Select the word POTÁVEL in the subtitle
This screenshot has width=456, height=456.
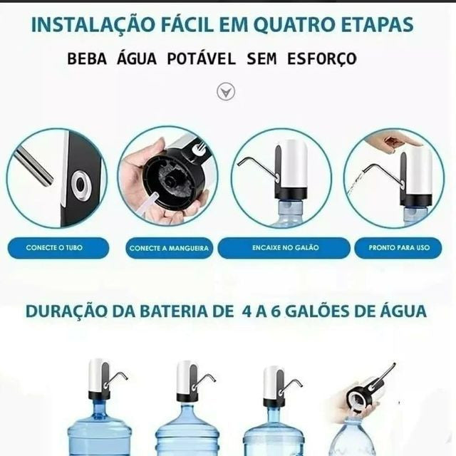click(x=201, y=59)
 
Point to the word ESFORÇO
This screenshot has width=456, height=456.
click(x=322, y=59)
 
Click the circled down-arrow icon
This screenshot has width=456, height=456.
click(x=226, y=92)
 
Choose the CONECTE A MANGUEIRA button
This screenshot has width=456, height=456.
click(x=170, y=248)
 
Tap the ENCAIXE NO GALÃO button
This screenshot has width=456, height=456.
click(x=284, y=248)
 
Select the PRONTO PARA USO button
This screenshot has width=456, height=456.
click(x=398, y=248)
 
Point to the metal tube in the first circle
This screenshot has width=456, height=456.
click(x=33, y=166)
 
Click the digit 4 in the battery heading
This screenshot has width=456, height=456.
click(x=247, y=311)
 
